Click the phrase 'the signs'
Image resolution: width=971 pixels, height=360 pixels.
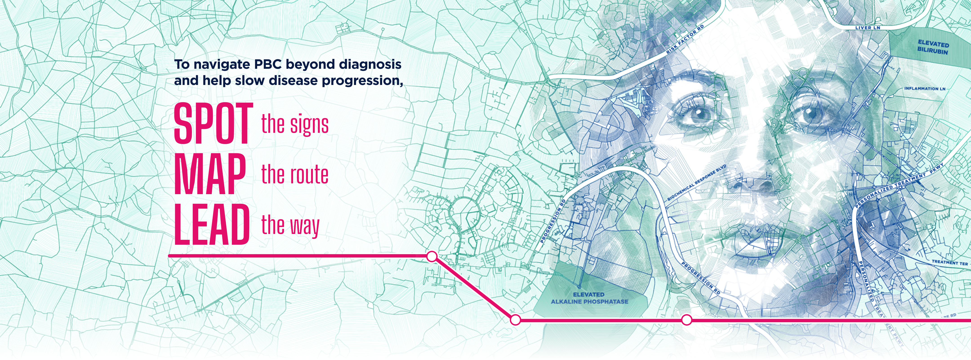[295, 124]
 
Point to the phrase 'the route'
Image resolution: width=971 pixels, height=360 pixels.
[295, 175]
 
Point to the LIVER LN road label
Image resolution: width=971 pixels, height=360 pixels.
[867, 27]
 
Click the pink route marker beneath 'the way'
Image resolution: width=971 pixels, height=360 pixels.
[432, 257]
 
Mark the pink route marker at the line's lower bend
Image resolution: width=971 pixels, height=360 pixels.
[515, 320]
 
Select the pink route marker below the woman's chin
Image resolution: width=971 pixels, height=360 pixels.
[687, 320]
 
